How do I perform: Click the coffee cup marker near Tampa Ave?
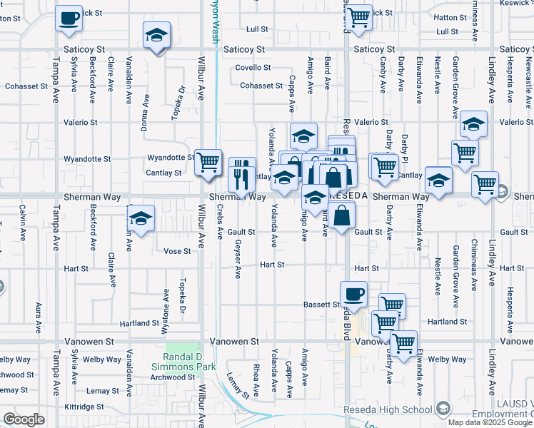[x=69, y=19]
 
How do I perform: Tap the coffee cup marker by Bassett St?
[x=353, y=293]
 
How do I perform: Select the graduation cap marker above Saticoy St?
[x=156, y=36]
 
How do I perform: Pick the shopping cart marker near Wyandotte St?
[x=208, y=163]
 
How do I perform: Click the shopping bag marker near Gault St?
[x=343, y=215]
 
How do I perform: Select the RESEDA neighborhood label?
[x=348, y=195]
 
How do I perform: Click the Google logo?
[x=24, y=419]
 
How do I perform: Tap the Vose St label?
[x=177, y=251]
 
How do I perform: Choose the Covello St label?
[x=254, y=68]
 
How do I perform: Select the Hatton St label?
[x=450, y=17]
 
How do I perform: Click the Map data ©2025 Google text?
[x=490, y=422]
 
